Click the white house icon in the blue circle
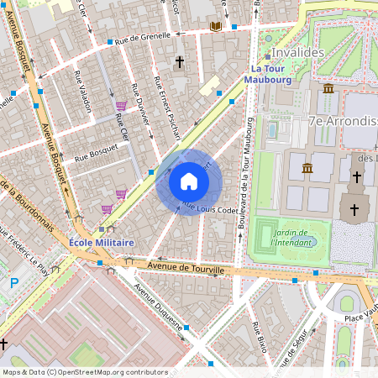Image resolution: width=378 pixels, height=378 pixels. pyautogui.click(x=189, y=181)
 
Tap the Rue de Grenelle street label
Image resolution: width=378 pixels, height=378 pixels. pyautogui.click(x=143, y=37)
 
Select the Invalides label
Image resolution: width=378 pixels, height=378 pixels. pyautogui.click(x=297, y=52)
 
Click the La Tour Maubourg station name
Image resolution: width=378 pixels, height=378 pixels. pyautogui.click(x=267, y=74)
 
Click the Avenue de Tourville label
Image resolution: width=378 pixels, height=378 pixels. pyautogui.click(x=185, y=268)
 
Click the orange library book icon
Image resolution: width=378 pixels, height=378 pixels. pyautogui.click(x=216, y=27)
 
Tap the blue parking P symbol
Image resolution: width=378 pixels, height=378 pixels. pyautogui.click(x=13, y=284)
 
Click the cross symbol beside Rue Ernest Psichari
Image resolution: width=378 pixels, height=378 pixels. pyautogui.click(x=179, y=62)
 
